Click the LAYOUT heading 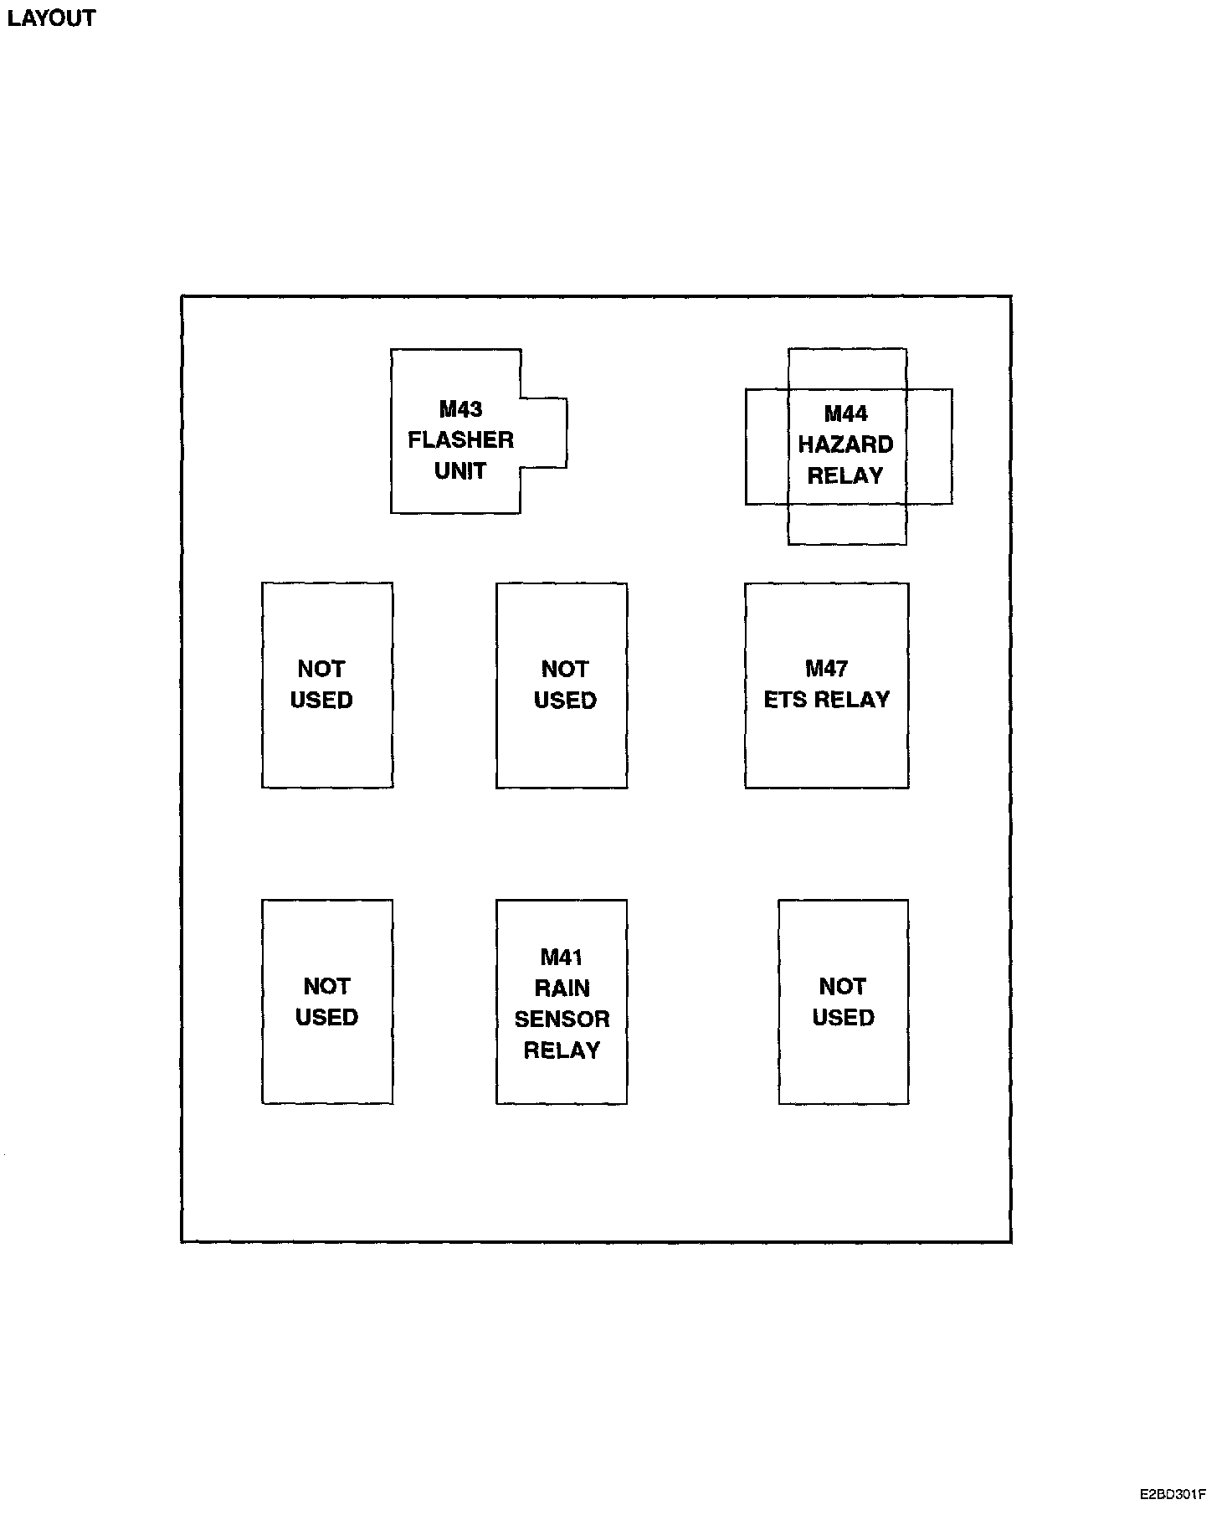pyautogui.click(x=51, y=18)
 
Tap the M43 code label pyautogui.click(x=460, y=409)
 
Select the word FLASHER pyautogui.click(x=460, y=440)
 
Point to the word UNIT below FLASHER pyautogui.click(x=460, y=471)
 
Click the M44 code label pyautogui.click(x=845, y=413)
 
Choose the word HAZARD pyautogui.click(x=845, y=444)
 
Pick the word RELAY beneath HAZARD pyautogui.click(x=845, y=476)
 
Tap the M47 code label pyautogui.click(x=826, y=669)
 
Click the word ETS pyautogui.click(x=785, y=700)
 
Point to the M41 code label pyautogui.click(x=562, y=958)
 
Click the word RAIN pyautogui.click(x=562, y=989)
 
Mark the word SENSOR pyautogui.click(x=562, y=1019)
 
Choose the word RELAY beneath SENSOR pyautogui.click(x=562, y=1050)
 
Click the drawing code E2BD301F pyautogui.click(x=1172, y=1494)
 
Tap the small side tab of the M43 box pyautogui.click(x=544, y=433)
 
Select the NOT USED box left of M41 pyautogui.click(x=327, y=1002)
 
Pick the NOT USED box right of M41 pyautogui.click(x=843, y=1002)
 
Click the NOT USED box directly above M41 pyautogui.click(x=562, y=686)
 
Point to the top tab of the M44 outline pyautogui.click(x=847, y=368)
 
